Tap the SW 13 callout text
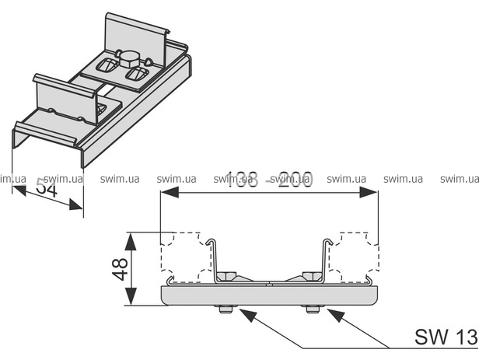coord(446,337)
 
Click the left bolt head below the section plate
coord(226,309)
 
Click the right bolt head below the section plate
coord(313,309)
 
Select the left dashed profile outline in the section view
coord(185,256)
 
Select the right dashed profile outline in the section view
coord(354,256)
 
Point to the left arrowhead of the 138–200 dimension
coord(166,194)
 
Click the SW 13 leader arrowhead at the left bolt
coord(242,313)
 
